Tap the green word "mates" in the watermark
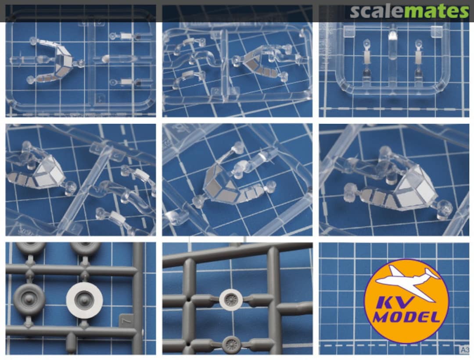436,11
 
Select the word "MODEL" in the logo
406,317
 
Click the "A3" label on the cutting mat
465,350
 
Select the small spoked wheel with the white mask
231,299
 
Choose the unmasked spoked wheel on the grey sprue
232,344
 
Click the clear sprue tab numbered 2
216,91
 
